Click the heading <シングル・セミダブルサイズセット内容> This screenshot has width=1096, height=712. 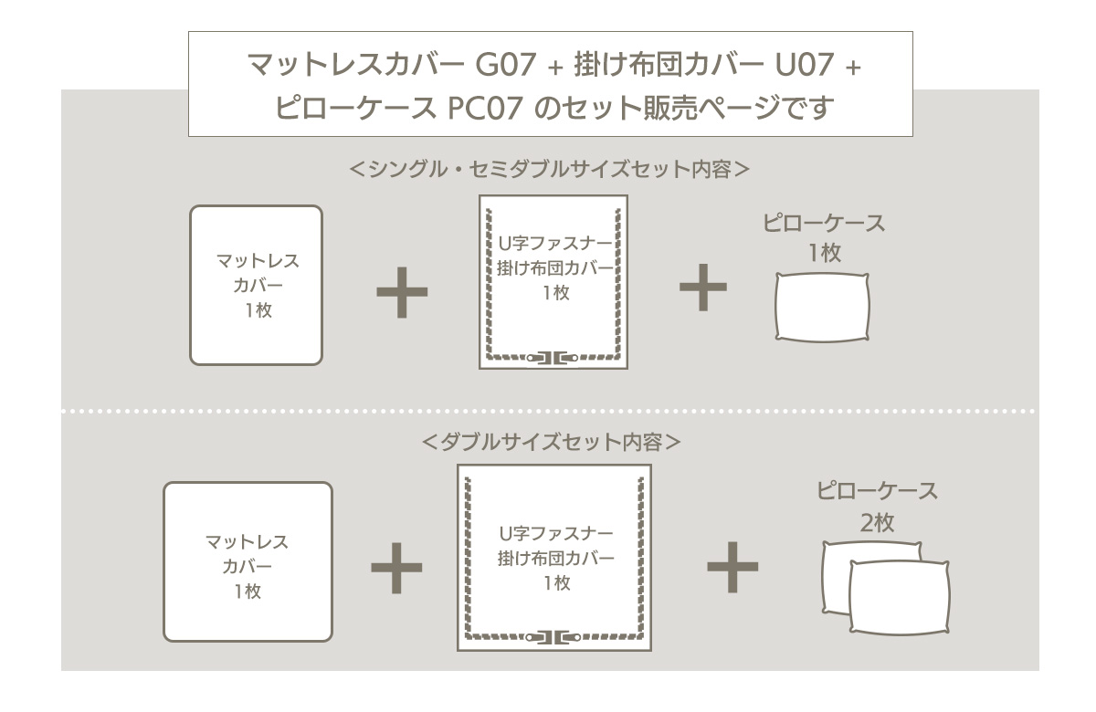coord(550,169)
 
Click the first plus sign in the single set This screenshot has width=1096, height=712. coord(402,292)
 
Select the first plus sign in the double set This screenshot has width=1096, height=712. coord(396,568)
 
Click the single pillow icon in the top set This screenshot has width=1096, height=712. coord(822,308)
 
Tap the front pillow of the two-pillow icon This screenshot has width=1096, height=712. coord(899,597)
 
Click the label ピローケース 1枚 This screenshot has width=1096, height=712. coord(824,237)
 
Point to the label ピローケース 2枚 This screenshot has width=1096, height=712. coord(877,507)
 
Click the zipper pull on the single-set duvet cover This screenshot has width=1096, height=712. coord(553,357)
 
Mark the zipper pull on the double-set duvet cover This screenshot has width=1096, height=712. coord(553,636)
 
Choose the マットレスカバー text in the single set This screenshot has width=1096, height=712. coord(258,273)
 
